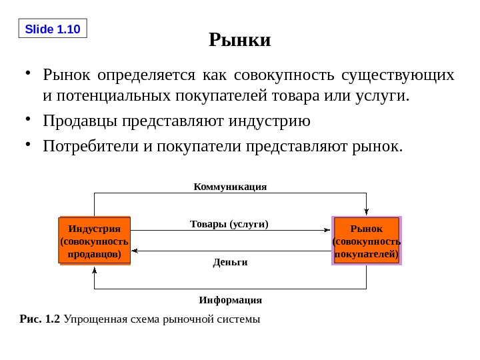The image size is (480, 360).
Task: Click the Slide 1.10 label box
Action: (x=52, y=29)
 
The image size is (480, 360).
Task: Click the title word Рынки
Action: (x=240, y=40)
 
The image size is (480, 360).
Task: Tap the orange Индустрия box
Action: (x=95, y=241)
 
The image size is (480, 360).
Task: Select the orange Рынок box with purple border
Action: (x=366, y=241)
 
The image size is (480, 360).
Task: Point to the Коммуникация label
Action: (x=230, y=187)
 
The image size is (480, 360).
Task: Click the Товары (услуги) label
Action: (x=229, y=224)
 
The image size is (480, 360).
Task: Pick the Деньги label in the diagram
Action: (x=230, y=262)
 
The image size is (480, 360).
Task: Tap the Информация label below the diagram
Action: (x=230, y=300)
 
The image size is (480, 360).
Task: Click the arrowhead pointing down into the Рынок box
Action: (x=366, y=212)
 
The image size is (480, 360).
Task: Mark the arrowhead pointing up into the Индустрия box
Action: (x=95, y=270)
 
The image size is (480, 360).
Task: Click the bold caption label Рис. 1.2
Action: (x=40, y=319)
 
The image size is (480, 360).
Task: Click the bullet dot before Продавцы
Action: (x=27, y=119)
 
